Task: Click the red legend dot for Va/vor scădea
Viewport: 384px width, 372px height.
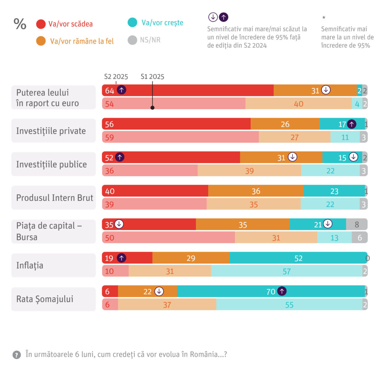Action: coord(41,24)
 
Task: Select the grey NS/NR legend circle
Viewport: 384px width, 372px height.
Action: coord(132,40)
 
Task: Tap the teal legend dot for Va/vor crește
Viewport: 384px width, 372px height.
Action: coord(132,22)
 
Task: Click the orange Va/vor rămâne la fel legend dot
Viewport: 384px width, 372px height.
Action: coord(41,41)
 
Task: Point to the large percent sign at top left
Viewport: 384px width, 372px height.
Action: coord(20,24)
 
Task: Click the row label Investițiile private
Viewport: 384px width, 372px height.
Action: coord(51,131)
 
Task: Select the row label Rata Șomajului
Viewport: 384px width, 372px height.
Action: coord(45,299)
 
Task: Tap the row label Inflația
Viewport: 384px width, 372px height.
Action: coord(30,265)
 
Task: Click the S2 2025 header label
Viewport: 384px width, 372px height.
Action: coord(116,76)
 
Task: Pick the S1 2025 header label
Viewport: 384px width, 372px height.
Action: coord(152,76)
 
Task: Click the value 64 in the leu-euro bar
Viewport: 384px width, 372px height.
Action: coord(109,90)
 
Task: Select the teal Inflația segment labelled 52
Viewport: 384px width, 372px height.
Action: coord(298,258)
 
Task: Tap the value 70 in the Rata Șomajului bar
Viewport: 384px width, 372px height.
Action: coord(271,291)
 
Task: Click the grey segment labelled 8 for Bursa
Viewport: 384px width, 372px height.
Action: coord(357,225)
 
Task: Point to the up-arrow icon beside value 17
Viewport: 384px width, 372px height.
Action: coord(351,124)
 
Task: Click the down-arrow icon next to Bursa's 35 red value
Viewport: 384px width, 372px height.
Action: coord(119,224)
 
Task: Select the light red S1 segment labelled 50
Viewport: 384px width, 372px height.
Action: coord(168,237)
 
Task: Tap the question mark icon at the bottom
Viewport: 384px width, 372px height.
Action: coord(16,355)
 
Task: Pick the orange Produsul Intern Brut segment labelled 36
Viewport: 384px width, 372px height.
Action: coord(256,191)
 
